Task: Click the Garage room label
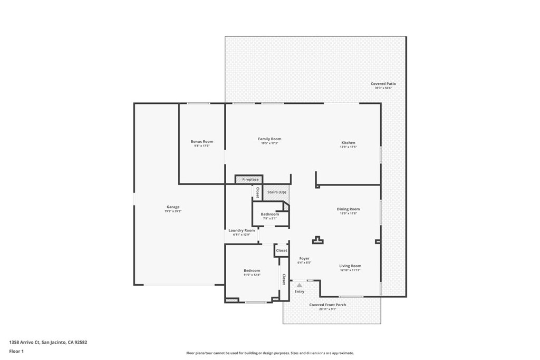(x=173, y=207)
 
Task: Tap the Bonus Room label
(x=201, y=141)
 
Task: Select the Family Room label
(x=269, y=139)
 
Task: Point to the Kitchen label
(x=348, y=143)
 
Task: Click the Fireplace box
(x=250, y=179)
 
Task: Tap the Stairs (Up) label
(x=276, y=192)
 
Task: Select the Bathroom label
(x=269, y=214)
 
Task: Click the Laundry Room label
(x=242, y=230)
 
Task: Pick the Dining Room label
(x=348, y=209)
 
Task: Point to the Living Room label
(x=350, y=266)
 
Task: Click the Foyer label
(x=304, y=258)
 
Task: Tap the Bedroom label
(x=252, y=270)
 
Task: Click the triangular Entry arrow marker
(x=300, y=285)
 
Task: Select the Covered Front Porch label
(x=327, y=305)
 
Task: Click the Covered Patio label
(x=383, y=84)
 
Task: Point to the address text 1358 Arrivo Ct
(x=48, y=342)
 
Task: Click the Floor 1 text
(x=16, y=351)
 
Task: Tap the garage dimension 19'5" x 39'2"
(x=173, y=211)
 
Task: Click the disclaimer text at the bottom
(x=269, y=353)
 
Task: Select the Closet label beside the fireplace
(x=257, y=192)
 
